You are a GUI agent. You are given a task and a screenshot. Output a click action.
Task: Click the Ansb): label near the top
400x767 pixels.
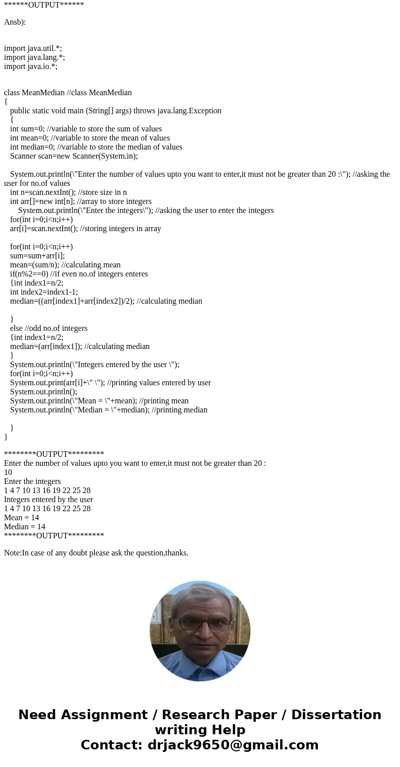tap(15, 22)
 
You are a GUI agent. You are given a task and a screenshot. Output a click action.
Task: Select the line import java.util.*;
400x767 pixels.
tap(33, 48)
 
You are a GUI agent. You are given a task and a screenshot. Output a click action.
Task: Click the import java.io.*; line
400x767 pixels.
tap(31, 66)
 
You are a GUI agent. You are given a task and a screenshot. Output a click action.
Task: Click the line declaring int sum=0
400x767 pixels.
tap(86, 129)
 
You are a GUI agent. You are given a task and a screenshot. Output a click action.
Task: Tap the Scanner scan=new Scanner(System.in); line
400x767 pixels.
tap(74, 156)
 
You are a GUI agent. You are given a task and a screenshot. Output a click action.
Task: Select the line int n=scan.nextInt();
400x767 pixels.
tap(69, 192)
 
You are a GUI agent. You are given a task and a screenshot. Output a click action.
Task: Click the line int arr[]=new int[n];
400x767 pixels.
tap(81, 201)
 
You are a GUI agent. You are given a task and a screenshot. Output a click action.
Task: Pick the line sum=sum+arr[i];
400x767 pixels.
tap(37, 256)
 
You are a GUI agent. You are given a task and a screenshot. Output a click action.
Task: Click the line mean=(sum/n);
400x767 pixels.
tap(65, 265)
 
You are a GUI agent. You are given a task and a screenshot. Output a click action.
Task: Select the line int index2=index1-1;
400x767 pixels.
tap(44, 292)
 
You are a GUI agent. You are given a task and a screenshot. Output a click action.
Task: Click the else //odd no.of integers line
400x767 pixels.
tap(49, 328)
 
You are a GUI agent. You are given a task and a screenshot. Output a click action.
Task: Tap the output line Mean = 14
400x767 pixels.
tap(21, 518)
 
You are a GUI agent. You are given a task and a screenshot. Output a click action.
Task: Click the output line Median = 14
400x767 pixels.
tap(24, 527)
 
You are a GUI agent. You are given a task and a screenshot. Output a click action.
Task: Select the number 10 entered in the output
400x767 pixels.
tap(8, 472)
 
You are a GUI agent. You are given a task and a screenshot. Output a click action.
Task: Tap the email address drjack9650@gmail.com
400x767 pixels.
tap(233, 745)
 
